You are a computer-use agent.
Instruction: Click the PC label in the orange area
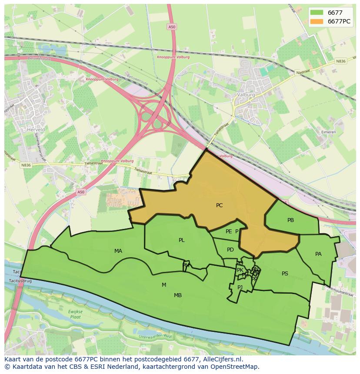point(219,205)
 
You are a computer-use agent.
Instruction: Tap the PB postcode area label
point(290,220)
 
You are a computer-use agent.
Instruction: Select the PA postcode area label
point(318,254)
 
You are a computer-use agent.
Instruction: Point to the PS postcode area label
point(285,274)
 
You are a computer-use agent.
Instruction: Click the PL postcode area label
point(181,240)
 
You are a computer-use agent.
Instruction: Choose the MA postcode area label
point(118,251)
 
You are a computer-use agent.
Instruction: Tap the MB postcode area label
point(178,295)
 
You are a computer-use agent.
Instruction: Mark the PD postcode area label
point(230,250)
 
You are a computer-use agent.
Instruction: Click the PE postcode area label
point(229,232)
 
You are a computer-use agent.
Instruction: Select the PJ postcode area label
point(240,287)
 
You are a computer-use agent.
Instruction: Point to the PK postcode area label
point(240,270)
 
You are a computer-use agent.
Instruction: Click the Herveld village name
point(36,129)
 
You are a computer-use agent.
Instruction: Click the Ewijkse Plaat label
point(75,314)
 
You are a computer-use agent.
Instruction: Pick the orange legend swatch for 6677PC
point(317,21)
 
